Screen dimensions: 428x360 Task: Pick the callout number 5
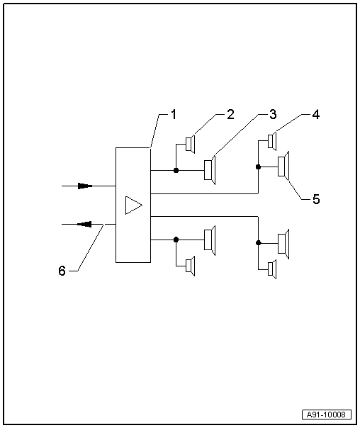(316, 199)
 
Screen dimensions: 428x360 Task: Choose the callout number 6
(62, 271)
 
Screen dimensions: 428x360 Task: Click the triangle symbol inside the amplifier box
(133, 205)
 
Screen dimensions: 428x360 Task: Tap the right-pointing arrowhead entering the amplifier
(85, 186)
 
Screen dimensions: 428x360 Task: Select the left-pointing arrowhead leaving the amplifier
(84, 224)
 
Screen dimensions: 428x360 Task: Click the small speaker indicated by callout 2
(190, 145)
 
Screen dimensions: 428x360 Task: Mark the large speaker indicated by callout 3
(210, 171)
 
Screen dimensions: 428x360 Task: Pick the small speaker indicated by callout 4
(272, 140)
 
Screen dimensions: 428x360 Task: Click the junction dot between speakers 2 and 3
(176, 171)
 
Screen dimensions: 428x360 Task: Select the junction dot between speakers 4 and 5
(258, 167)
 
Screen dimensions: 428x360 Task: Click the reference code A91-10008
(327, 415)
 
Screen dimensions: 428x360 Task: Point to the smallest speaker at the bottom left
(190, 266)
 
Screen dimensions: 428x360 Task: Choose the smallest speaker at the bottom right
(272, 268)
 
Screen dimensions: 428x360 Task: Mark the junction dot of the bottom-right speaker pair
(258, 243)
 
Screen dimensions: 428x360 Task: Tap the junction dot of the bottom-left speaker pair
(176, 240)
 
